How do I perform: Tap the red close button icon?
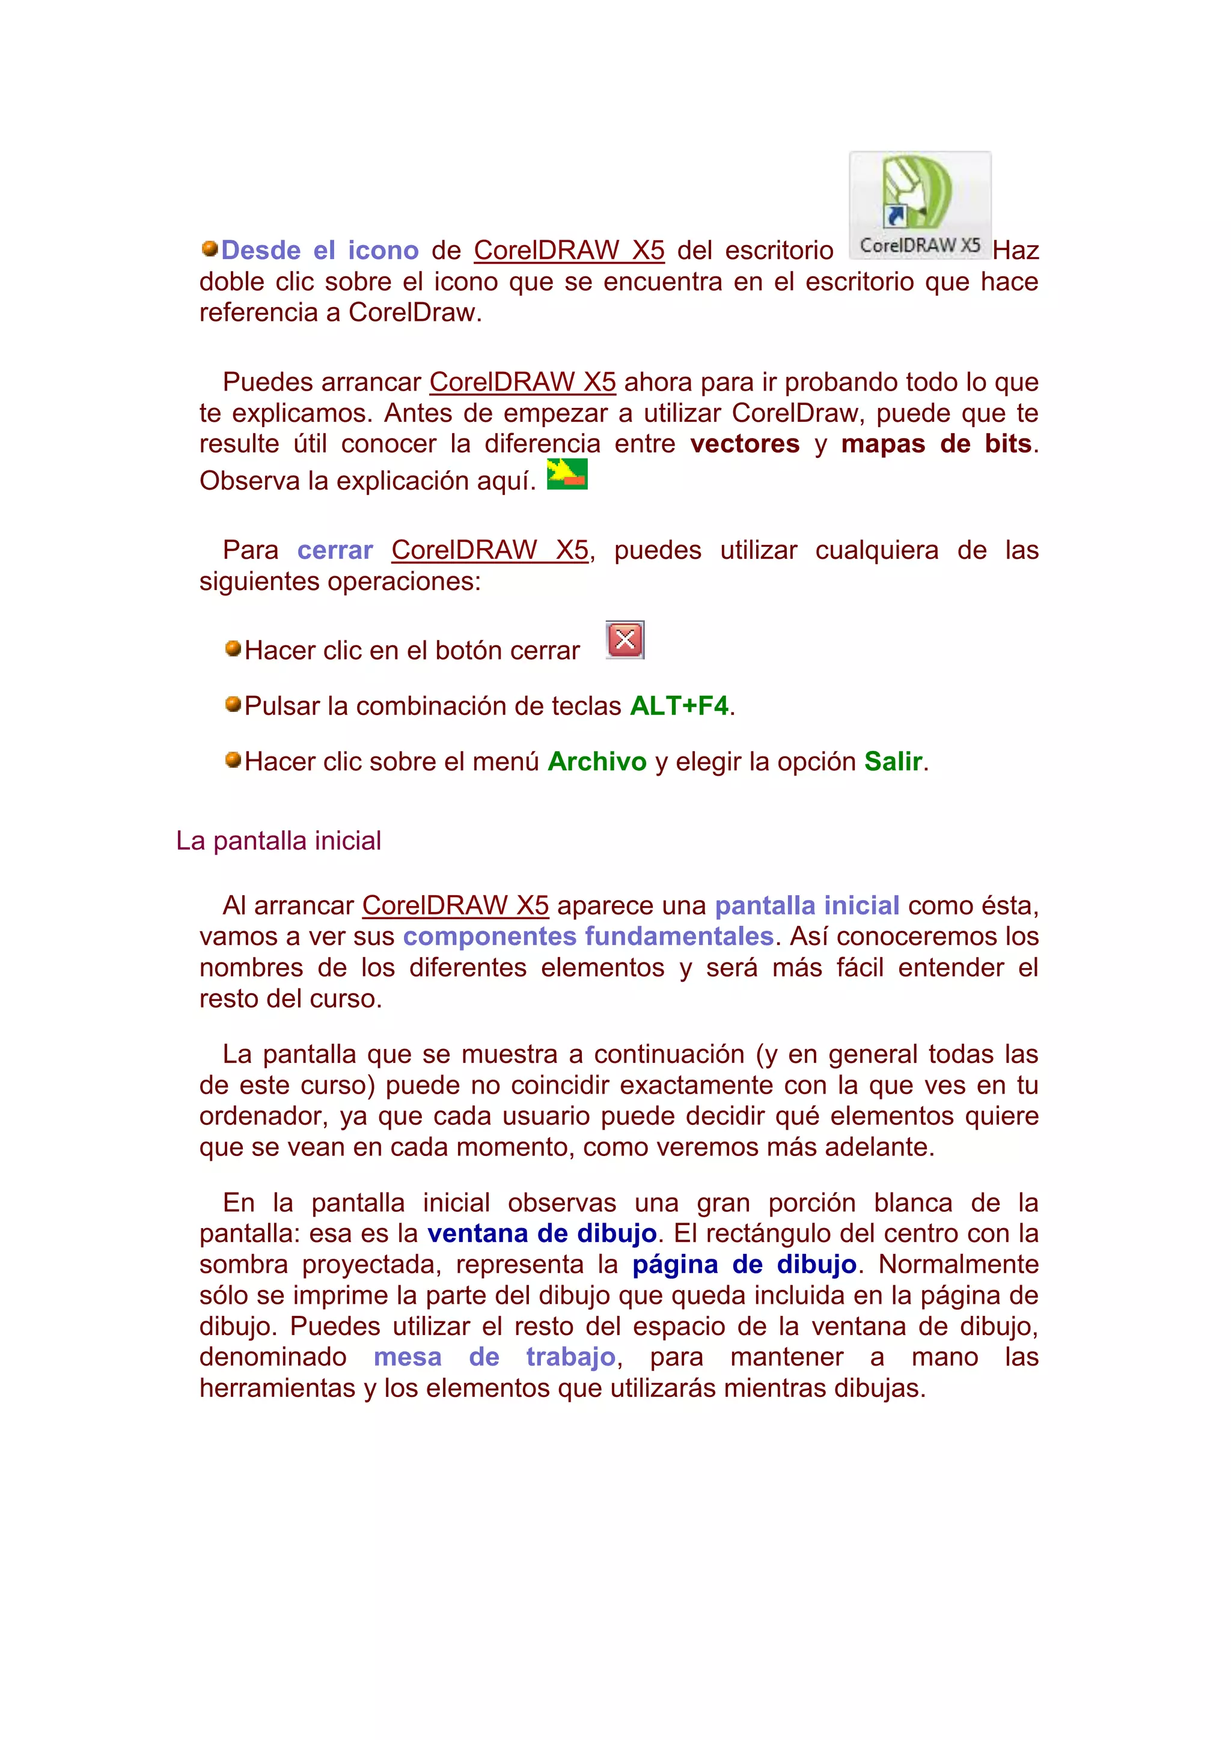point(625,640)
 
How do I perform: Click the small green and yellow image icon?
point(567,475)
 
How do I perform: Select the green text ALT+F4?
point(679,707)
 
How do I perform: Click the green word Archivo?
point(597,762)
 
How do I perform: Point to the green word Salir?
point(893,762)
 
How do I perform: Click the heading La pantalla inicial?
point(278,841)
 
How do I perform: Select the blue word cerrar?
point(335,550)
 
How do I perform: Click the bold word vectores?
point(744,444)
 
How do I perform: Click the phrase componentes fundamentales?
point(588,937)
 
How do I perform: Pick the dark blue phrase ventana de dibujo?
point(542,1234)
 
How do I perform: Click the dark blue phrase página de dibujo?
point(744,1265)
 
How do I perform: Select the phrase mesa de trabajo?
point(494,1357)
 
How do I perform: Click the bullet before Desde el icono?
point(210,249)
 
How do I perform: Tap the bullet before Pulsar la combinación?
point(233,704)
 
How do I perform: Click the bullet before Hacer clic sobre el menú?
point(233,759)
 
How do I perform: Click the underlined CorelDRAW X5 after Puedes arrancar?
point(522,383)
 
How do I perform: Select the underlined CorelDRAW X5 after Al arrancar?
point(455,905)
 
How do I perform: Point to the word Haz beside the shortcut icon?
point(1015,251)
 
